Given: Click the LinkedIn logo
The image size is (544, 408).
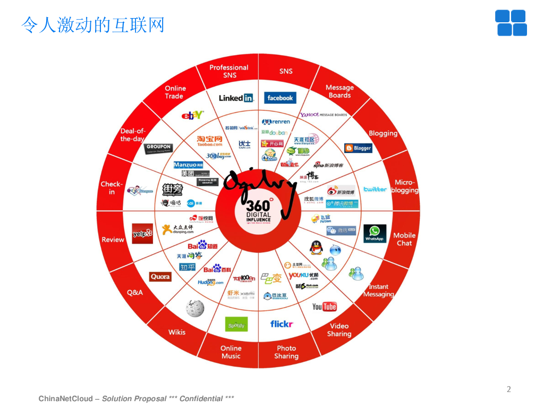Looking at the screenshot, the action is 236,98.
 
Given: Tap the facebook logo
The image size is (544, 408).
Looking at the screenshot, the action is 280,98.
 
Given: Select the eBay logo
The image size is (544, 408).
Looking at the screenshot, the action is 192,115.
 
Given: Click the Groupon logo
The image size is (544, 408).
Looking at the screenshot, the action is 158,149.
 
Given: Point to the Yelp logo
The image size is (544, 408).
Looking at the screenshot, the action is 142,233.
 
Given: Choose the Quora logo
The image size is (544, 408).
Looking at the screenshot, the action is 160,277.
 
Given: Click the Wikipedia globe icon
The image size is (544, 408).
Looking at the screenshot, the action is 194,308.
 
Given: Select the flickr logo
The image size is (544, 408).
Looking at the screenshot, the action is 282,324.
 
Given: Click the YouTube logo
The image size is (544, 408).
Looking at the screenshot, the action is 324,307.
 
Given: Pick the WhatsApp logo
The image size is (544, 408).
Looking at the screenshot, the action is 375,233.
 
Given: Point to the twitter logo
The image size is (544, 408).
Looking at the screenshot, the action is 375,189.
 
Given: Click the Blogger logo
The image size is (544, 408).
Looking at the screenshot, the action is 358,148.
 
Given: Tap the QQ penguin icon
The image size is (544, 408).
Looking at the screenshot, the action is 317,248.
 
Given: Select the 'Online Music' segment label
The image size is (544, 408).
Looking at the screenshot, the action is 231,352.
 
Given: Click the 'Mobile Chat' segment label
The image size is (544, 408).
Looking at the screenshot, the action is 404,239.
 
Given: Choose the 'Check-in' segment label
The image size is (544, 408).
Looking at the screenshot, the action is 112,188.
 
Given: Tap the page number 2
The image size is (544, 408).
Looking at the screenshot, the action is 508,389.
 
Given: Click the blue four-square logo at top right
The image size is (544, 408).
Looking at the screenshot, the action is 511,23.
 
